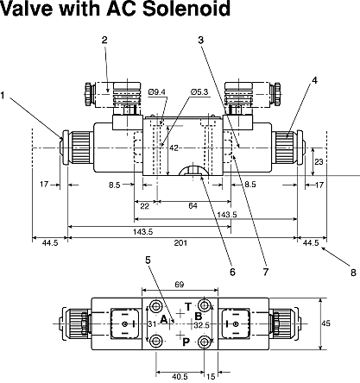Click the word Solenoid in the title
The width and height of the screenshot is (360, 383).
pyautogui.click(x=186, y=9)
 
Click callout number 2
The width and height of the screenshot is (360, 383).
pyautogui.click(x=104, y=40)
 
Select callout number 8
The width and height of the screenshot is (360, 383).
pyautogui.click(x=354, y=273)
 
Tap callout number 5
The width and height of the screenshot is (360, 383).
pyautogui.click(x=148, y=261)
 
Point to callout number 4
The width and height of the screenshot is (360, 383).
pyautogui.click(x=314, y=81)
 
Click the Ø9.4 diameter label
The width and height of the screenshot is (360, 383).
pyautogui.click(x=157, y=92)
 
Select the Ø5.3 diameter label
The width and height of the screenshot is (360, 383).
pyautogui.click(x=199, y=92)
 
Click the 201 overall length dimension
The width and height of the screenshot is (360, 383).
pyautogui.click(x=180, y=243)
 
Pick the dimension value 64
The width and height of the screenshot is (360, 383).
pyautogui.click(x=193, y=206)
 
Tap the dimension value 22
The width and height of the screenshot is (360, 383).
pyautogui.click(x=145, y=206)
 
